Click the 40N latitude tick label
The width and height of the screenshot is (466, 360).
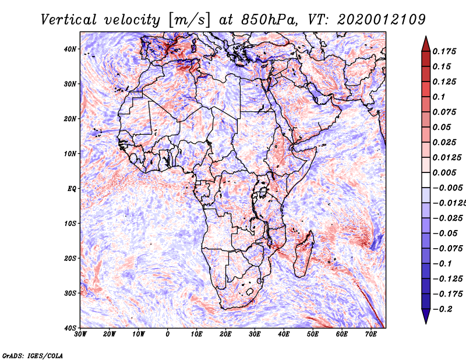tap(70, 49)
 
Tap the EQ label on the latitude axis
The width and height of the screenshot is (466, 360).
tap(72, 189)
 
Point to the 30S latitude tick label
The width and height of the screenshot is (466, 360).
tap(70, 293)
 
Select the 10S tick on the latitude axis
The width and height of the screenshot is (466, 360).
tap(70, 223)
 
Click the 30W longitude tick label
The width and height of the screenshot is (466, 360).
tap(80, 334)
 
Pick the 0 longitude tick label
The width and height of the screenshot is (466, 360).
tap(168, 334)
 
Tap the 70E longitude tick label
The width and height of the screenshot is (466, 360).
tap(371, 334)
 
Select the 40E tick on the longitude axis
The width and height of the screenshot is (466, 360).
tap(284, 334)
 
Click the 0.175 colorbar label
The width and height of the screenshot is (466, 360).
tap(444, 51)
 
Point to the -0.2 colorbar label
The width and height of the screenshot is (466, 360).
tap(443, 309)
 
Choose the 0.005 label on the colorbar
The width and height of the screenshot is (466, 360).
tap(444, 172)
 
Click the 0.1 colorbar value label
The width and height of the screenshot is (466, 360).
tap(439, 97)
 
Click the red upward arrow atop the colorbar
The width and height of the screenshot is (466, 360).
tap(426, 44)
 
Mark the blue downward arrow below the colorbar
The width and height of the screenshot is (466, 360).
tap(426, 316)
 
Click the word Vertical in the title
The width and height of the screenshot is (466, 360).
tap(68, 20)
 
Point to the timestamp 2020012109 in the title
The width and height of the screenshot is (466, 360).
tap(382, 20)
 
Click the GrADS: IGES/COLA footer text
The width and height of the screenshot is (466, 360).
tap(33, 355)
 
